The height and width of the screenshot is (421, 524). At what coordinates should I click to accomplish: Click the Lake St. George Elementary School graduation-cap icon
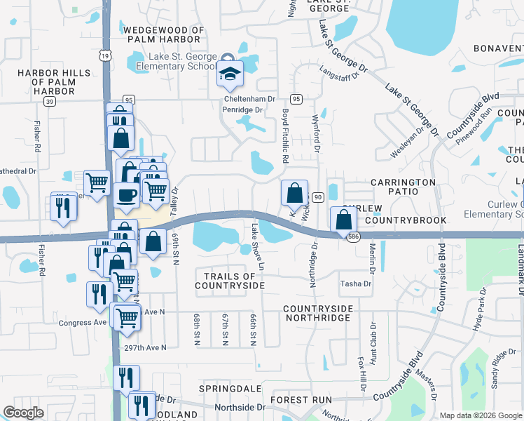point(229,73)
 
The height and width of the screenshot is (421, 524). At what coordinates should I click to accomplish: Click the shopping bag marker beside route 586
point(343,220)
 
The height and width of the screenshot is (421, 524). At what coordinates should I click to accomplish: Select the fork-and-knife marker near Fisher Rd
point(64,208)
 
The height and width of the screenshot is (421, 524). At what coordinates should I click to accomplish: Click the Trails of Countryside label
point(230,281)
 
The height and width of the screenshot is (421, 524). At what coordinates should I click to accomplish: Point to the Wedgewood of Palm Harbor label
point(163,34)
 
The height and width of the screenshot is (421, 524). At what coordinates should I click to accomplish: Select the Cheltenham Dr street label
point(249,100)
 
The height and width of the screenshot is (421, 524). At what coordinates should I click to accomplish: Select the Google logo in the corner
point(23,413)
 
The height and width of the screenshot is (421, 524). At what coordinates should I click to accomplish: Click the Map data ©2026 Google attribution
point(481,415)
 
